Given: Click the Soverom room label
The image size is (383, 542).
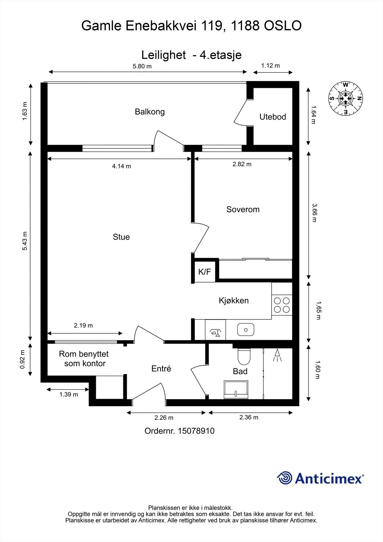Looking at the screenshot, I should click(243, 209).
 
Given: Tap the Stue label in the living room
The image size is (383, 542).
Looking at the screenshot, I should click(121, 237).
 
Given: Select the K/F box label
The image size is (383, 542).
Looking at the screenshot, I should click(205, 272).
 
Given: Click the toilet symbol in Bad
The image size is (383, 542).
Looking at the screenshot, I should click(243, 355).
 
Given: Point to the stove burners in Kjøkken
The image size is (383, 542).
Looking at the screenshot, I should click(282, 305).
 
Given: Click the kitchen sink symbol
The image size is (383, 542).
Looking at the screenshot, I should click(246, 329).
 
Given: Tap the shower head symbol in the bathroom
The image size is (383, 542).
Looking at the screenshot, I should click(278, 355).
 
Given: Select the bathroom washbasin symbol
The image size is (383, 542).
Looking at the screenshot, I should click(236, 389).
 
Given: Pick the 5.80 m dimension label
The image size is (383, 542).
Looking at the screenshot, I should click(142, 66).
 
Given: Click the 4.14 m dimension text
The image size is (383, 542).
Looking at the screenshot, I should click(122, 166).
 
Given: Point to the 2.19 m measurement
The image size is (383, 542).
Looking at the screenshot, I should click(83, 326).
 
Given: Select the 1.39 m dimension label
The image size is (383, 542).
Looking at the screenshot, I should click(69, 394).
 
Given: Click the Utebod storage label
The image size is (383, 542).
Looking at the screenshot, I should click(273, 117).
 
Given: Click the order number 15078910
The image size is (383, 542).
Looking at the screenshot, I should click(196, 431).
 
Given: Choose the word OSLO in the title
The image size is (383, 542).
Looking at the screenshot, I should click(282, 26).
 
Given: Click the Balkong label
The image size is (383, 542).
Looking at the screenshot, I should click(150, 111).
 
